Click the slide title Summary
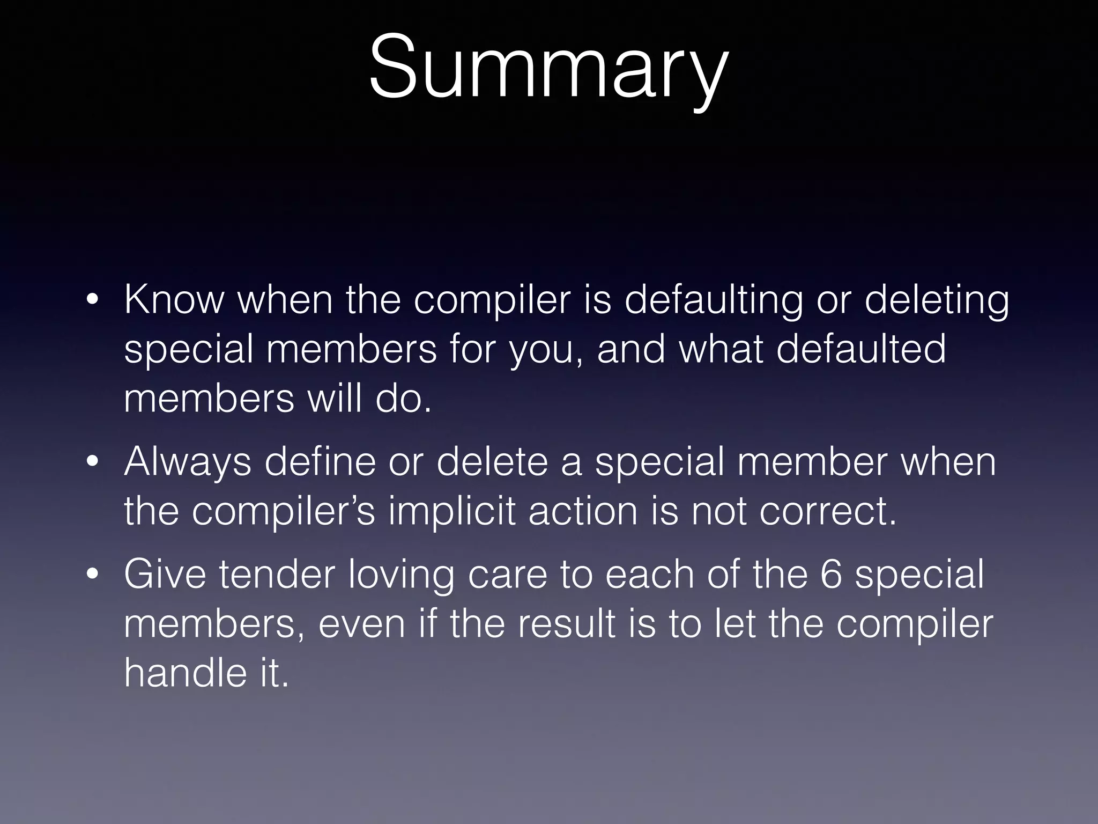pos(548,67)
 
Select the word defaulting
pos(714,300)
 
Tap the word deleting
pos(937,300)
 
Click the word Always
pos(187,462)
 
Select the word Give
pos(165,575)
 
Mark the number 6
pos(831,575)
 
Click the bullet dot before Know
pos(92,300)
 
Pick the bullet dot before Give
pos(92,575)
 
